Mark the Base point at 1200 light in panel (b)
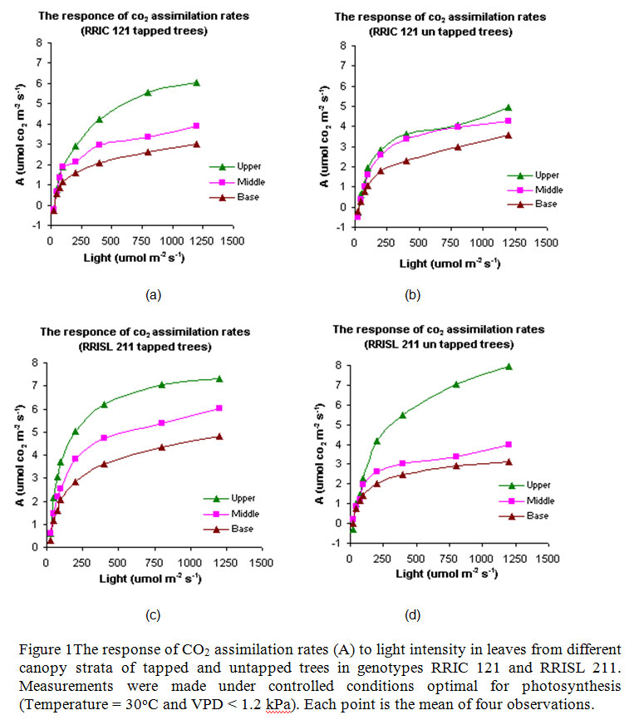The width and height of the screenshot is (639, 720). coord(508,135)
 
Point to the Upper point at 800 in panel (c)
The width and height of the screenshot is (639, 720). coord(162,384)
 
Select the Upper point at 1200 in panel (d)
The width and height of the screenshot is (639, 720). coord(509,367)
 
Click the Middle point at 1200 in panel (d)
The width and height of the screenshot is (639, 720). coord(509,445)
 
